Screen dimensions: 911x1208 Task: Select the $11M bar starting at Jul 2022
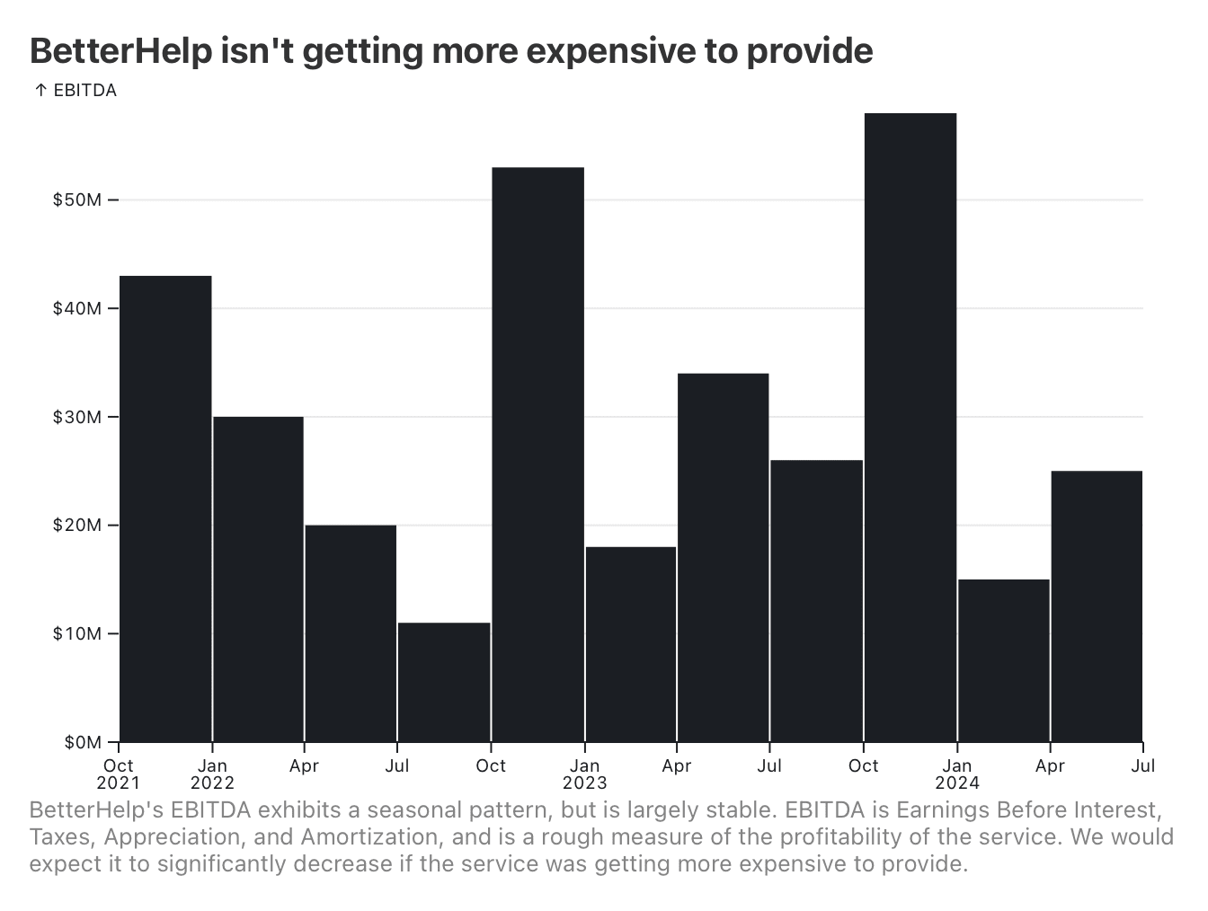click(x=444, y=683)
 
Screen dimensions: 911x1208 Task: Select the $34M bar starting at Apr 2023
click(x=723, y=557)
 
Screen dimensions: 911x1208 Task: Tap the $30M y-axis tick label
click(x=77, y=417)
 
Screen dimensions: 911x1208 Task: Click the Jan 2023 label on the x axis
click(x=585, y=774)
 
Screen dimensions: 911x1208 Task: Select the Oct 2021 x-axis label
click(x=119, y=774)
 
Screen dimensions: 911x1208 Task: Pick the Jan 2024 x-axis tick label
click(x=957, y=774)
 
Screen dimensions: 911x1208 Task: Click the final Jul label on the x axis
click(x=1143, y=766)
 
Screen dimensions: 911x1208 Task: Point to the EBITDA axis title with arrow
click(x=75, y=91)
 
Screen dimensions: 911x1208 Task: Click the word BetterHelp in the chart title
click(x=120, y=51)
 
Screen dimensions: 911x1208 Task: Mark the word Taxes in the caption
click(x=60, y=837)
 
